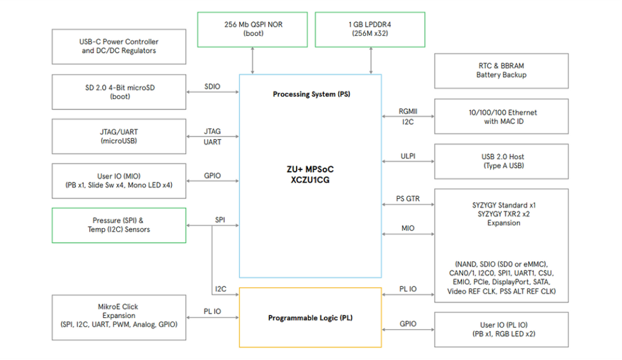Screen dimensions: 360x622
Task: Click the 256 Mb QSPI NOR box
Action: (253, 29)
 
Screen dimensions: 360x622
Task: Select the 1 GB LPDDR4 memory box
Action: (369, 29)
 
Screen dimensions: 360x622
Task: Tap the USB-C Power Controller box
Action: (119, 46)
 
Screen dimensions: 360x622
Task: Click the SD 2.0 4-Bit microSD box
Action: (119, 92)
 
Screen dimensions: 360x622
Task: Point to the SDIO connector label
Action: (213, 87)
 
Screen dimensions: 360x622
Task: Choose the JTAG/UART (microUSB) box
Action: (119, 136)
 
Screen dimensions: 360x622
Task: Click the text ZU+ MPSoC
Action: (310, 169)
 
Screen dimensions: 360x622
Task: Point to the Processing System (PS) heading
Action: (310, 94)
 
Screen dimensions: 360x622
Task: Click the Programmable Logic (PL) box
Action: (310, 318)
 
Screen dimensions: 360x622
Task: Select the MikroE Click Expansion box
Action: (119, 316)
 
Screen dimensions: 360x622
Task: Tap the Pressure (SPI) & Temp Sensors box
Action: (119, 225)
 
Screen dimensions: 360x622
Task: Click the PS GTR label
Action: (408, 199)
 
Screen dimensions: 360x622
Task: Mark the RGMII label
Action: (408, 112)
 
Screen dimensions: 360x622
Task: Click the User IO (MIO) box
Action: (119, 180)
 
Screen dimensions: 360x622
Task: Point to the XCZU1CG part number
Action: (310, 180)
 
